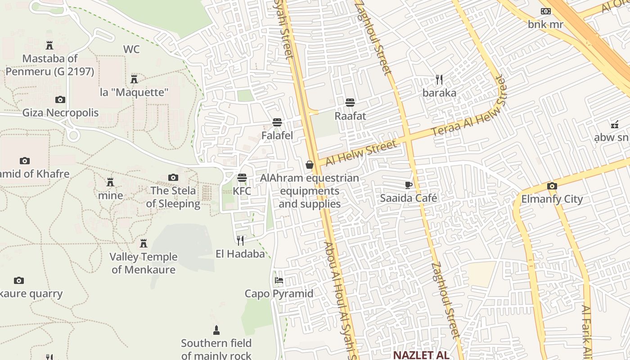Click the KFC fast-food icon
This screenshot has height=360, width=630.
click(x=242, y=178)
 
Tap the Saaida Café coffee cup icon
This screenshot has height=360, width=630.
click(x=409, y=185)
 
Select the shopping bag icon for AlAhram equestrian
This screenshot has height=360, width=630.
click(x=310, y=165)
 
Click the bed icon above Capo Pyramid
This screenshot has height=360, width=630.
click(x=279, y=281)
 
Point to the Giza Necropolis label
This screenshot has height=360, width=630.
click(x=60, y=112)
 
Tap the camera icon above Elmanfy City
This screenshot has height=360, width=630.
click(x=552, y=186)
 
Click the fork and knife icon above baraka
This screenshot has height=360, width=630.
click(x=440, y=80)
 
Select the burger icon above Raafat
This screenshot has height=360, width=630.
click(x=350, y=103)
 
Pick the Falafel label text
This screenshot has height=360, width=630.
click(x=277, y=135)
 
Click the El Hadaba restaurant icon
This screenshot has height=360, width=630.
click(x=240, y=241)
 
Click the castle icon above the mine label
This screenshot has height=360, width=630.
click(x=110, y=182)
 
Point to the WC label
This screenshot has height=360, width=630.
click(x=131, y=49)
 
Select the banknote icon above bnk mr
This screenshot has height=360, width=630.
click(x=545, y=11)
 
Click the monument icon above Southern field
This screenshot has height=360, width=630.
click(x=216, y=331)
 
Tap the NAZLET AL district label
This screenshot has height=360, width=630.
click(x=421, y=355)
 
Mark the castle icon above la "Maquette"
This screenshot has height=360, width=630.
click(x=134, y=79)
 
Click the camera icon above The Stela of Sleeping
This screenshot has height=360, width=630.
click(x=173, y=178)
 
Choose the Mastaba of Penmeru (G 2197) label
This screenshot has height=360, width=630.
click(x=50, y=65)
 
